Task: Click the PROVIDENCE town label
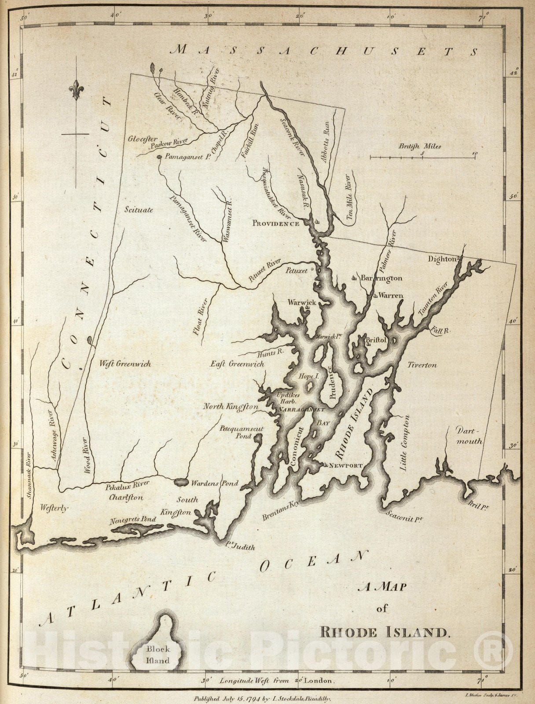(275, 224)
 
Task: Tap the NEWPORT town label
(345, 466)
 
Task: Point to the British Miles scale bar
(422, 156)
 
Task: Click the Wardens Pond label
(215, 483)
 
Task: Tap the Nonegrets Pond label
(132, 519)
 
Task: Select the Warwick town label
(302, 303)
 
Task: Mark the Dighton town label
(442, 259)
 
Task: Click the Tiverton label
(422, 365)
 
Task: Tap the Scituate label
(139, 209)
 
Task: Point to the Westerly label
(55, 508)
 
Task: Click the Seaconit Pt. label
(404, 516)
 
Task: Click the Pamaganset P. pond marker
(159, 157)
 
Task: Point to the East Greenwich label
(237, 364)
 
